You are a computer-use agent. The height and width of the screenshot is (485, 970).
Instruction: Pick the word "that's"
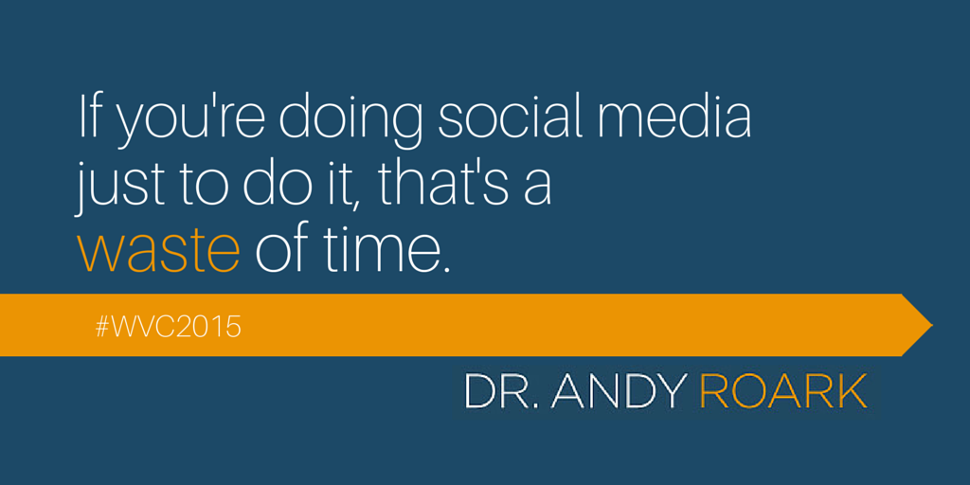(442, 182)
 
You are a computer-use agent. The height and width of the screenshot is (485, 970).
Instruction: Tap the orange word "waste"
(158, 250)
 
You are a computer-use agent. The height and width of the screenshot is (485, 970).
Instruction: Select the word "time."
(387, 248)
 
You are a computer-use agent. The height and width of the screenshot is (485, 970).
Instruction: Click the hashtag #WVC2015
(168, 328)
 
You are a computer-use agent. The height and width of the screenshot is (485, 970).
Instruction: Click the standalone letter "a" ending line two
(536, 189)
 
